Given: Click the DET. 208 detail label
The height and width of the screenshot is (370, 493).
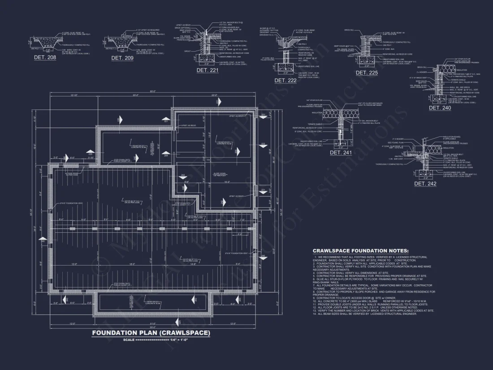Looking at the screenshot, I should [x=45, y=57].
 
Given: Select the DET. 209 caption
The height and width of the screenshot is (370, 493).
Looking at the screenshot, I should [x=122, y=58].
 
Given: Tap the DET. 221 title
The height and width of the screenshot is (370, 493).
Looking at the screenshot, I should [x=208, y=70].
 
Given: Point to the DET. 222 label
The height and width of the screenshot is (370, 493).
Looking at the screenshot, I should [x=285, y=80].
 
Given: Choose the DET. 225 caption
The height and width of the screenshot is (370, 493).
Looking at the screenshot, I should [x=367, y=72].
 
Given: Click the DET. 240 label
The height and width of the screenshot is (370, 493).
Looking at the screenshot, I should [x=440, y=108].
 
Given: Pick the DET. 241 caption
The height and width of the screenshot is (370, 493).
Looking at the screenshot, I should [x=341, y=152].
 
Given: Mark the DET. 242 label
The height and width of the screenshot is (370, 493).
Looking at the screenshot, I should [x=425, y=184].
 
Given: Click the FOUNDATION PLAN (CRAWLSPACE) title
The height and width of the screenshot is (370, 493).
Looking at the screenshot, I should [x=151, y=333].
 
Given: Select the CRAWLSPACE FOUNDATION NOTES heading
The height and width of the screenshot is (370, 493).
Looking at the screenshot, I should [x=360, y=251].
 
